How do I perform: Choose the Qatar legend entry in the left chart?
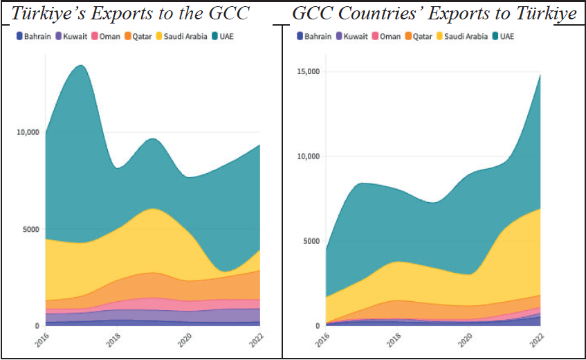click(x=140, y=35)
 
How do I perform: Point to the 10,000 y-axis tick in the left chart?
click(x=27, y=132)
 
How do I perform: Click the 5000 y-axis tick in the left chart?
click(x=30, y=229)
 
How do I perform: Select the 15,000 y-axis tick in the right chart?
click(x=308, y=72)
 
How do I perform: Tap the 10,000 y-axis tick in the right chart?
click(x=308, y=156)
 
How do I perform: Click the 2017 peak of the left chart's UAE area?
click(x=81, y=66)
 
